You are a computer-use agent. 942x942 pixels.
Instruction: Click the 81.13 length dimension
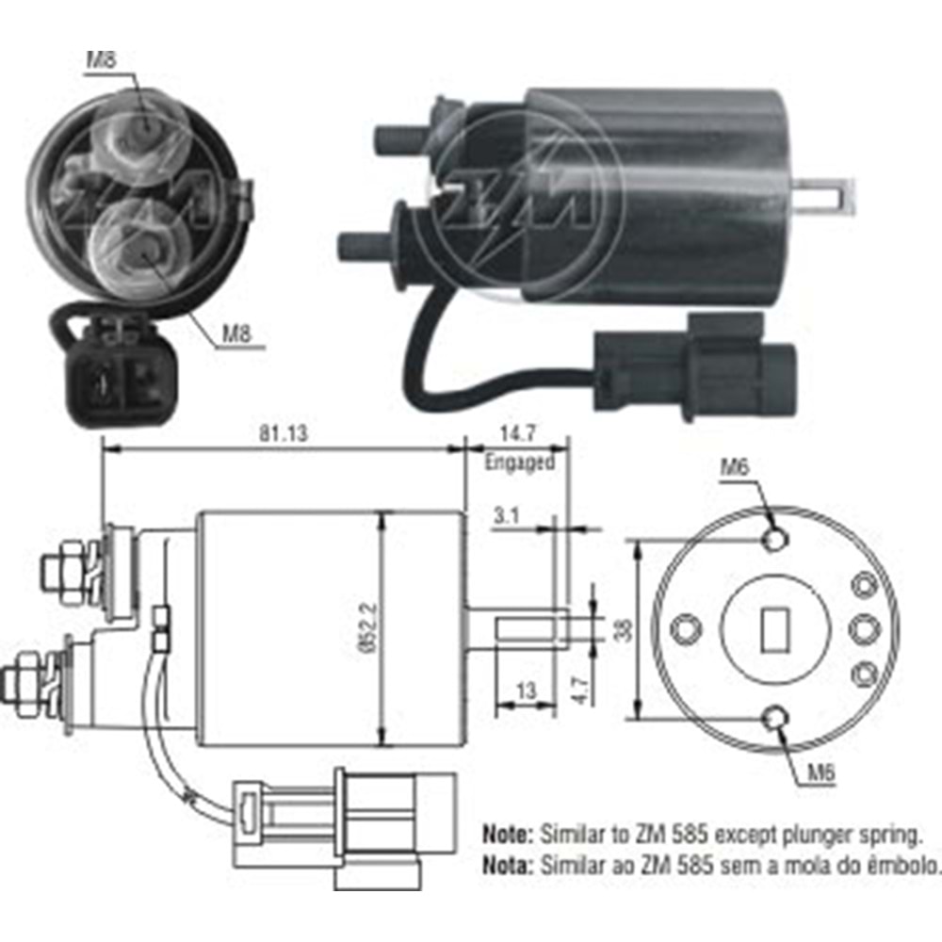[283, 433]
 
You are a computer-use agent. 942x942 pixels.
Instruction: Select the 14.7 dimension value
[517, 433]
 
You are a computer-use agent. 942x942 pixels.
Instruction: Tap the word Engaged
[519, 463]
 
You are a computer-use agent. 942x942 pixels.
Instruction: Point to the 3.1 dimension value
[507, 515]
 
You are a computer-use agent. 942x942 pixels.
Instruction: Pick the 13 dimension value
[526, 690]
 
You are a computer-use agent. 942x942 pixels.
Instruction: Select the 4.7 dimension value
[578, 690]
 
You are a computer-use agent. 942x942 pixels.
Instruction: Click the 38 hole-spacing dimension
[625, 629]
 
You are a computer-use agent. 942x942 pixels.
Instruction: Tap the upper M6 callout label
[735, 466]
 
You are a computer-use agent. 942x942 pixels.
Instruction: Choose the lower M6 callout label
[820, 772]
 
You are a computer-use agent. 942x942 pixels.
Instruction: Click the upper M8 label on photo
[102, 59]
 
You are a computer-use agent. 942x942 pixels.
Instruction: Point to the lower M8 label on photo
[236, 333]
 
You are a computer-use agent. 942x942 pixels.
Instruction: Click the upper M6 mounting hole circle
[775, 539]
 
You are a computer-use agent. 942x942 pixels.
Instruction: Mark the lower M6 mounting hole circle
[775, 717]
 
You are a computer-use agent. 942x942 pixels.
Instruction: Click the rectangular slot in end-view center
[775, 629]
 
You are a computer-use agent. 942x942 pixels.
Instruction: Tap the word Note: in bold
[508, 835]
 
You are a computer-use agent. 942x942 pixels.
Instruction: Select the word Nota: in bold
[508, 865]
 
